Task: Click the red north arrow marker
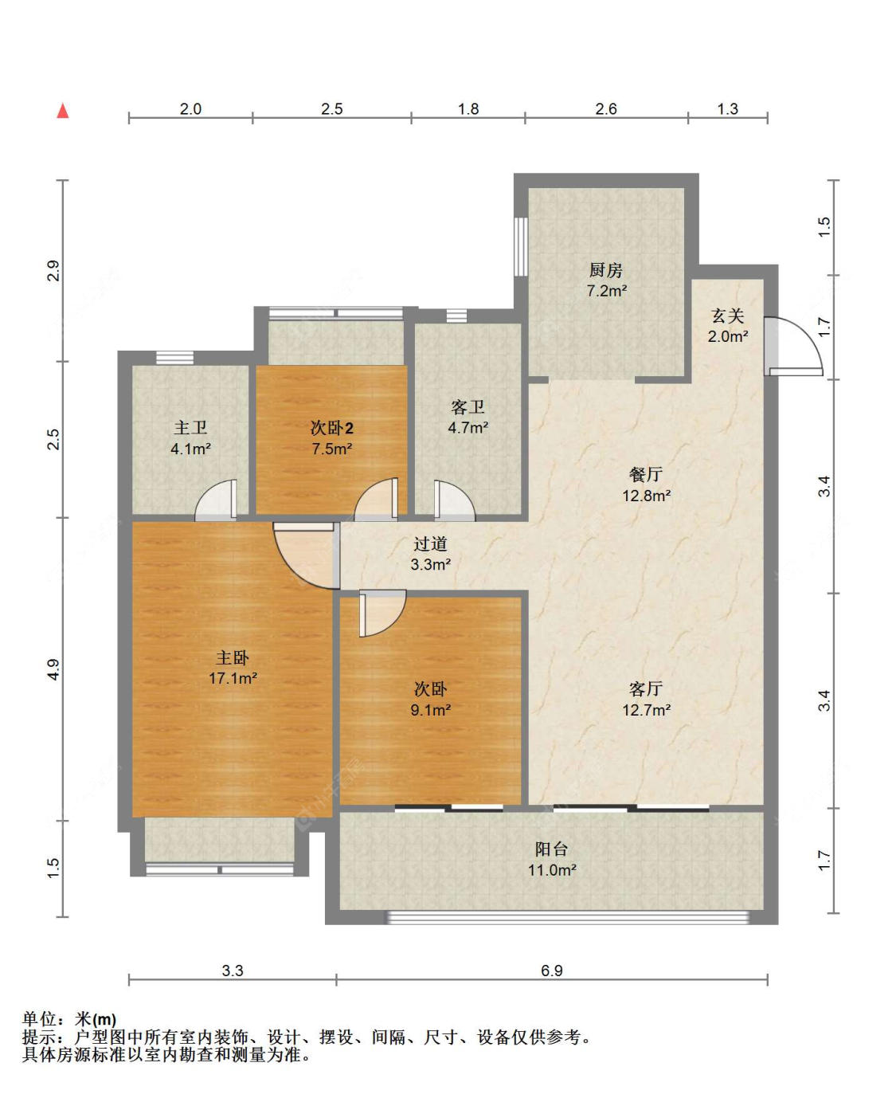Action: [x=63, y=111]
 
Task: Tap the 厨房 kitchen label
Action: [x=605, y=270]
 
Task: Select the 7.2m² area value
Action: [x=606, y=291]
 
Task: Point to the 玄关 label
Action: [x=727, y=316]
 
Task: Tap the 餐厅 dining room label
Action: [x=646, y=474]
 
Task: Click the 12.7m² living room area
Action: [x=646, y=710]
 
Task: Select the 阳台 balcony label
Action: [x=552, y=849]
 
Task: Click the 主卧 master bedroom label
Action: [x=233, y=657]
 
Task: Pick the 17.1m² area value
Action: [x=233, y=678]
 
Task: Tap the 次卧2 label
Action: [x=332, y=428]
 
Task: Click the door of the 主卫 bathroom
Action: [x=216, y=500]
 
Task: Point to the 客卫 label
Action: [x=468, y=406]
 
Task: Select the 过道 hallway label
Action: [x=430, y=543]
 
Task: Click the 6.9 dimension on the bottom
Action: [x=552, y=970]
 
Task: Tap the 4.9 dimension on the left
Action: [x=53, y=669]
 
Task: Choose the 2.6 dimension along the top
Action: [x=606, y=109]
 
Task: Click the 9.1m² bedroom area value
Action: [x=431, y=710]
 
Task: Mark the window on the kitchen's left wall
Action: [x=521, y=247]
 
